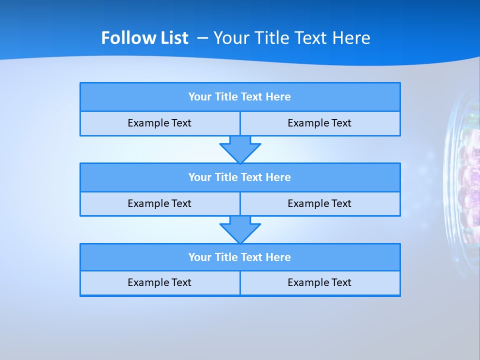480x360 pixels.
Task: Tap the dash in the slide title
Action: click(203, 38)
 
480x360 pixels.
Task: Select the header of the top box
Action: click(240, 97)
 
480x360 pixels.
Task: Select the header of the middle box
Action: click(240, 177)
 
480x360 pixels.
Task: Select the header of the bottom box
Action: click(240, 257)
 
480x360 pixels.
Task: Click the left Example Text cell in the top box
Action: click(159, 123)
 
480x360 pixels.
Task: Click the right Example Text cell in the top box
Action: click(320, 123)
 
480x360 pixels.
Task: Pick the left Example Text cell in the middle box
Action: click(159, 204)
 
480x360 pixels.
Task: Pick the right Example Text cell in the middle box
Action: click(320, 204)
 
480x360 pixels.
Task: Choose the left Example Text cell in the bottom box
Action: click(159, 283)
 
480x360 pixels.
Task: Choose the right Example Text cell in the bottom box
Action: click(320, 283)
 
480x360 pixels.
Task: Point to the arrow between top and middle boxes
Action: click(240, 149)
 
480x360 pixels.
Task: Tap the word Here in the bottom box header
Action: click(278, 257)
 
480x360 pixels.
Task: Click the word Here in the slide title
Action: click(351, 38)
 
